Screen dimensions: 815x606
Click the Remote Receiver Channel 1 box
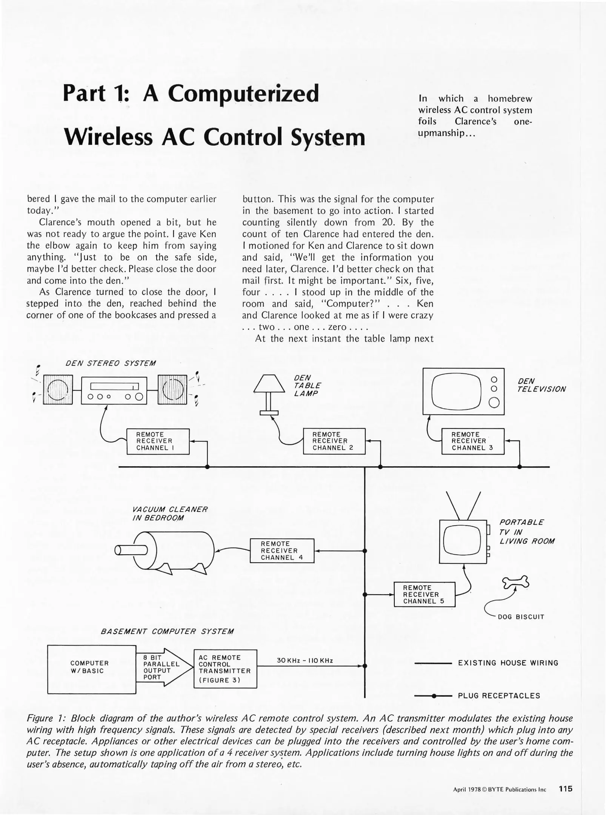(158, 441)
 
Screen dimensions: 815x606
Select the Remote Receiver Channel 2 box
(334, 441)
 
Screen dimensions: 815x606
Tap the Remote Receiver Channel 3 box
(473, 441)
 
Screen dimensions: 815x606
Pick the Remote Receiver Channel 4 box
(282, 551)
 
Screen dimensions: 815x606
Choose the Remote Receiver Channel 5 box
(424, 594)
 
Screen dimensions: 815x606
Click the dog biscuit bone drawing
(516, 582)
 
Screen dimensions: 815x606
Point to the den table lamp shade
(269, 384)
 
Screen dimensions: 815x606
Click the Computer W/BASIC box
(91, 669)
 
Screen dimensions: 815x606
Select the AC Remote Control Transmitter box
(225, 669)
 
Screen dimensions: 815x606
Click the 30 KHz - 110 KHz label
(305, 660)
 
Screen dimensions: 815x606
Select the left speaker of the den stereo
(58, 389)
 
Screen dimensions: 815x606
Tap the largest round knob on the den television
(494, 403)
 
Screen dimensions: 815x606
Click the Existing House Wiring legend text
(508, 663)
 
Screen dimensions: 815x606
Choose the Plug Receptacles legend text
(499, 696)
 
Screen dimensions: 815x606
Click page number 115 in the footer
(565, 789)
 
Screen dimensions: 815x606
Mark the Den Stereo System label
(110, 363)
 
